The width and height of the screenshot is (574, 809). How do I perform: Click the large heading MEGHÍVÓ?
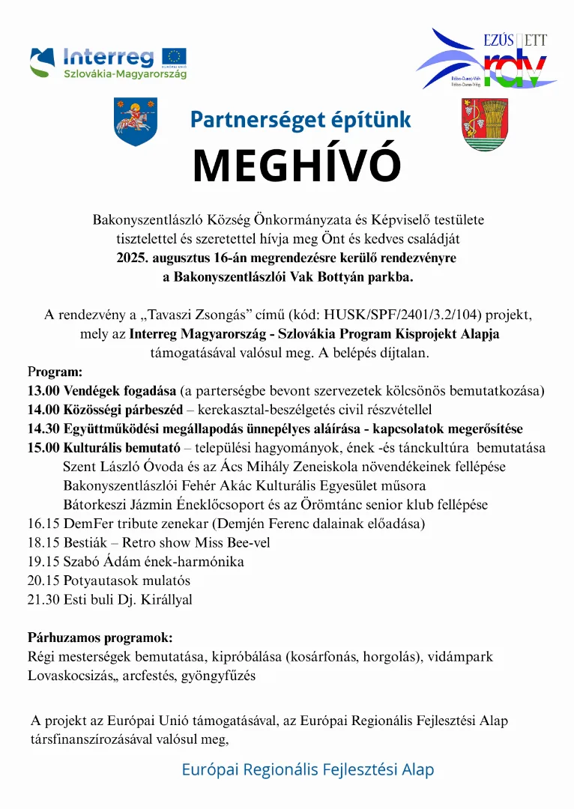click(297, 166)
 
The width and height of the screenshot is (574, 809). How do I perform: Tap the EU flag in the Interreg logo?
click(176, 57)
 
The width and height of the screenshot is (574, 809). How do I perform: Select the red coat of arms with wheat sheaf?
click(485, 124)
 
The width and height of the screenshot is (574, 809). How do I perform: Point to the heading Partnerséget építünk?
click(300, 119)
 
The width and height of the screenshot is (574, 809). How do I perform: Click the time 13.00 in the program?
click(43, 391)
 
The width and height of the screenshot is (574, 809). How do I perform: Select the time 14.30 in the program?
click(43, 429)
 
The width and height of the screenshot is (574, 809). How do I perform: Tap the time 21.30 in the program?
click(43, 599)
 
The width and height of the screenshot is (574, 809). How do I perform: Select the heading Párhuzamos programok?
click(100, 638)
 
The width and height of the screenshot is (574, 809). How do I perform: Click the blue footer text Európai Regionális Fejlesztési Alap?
click(307, 769)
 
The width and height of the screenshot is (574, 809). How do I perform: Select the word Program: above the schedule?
click(55, 372)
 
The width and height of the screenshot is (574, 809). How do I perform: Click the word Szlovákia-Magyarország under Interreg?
click(125, 73)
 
